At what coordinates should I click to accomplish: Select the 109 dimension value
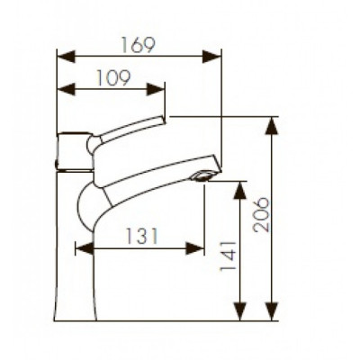click(x=112, y=77)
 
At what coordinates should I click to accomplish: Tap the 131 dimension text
click(x=140, y=236)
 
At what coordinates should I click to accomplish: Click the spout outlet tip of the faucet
click(x=206, y=175)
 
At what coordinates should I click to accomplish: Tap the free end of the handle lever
click(x=163, y=121)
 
